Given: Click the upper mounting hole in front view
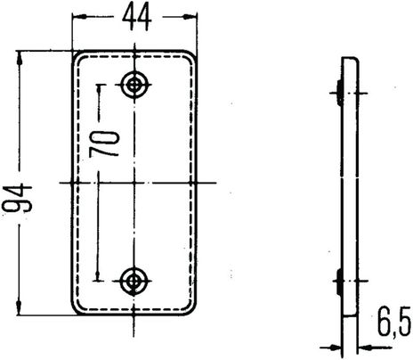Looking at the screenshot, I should click(134, 84).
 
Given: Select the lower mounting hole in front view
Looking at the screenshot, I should click(134, 282).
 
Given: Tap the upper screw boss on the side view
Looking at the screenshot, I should click(339, 88).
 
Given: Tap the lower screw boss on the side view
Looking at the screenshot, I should click(339, 284).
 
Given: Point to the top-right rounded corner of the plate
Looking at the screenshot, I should click(189, 57).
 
